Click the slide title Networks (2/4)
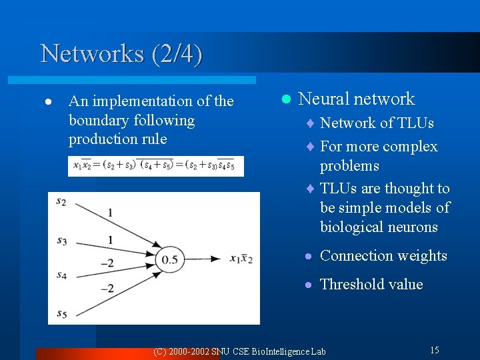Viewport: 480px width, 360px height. [121, 53]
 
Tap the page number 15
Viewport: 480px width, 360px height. [434, 350]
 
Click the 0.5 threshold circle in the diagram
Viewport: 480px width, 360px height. [171, 259]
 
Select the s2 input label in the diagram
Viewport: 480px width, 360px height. [61, 201]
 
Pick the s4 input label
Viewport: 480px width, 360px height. [61, 274]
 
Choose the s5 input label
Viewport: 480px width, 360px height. [61, 313]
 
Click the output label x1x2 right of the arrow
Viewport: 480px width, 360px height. [241, 259]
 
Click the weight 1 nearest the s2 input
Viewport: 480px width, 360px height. [110, 213]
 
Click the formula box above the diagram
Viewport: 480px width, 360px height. [156, 166]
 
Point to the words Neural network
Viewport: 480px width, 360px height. [357, 99]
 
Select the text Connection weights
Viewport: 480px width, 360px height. [383, 256]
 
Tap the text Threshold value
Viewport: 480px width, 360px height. [371, 285]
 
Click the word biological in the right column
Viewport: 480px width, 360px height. [351, 227]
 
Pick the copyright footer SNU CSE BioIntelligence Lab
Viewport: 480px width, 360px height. [239, 351]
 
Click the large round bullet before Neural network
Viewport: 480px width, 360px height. [286, 99]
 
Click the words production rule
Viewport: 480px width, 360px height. [117, 139]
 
